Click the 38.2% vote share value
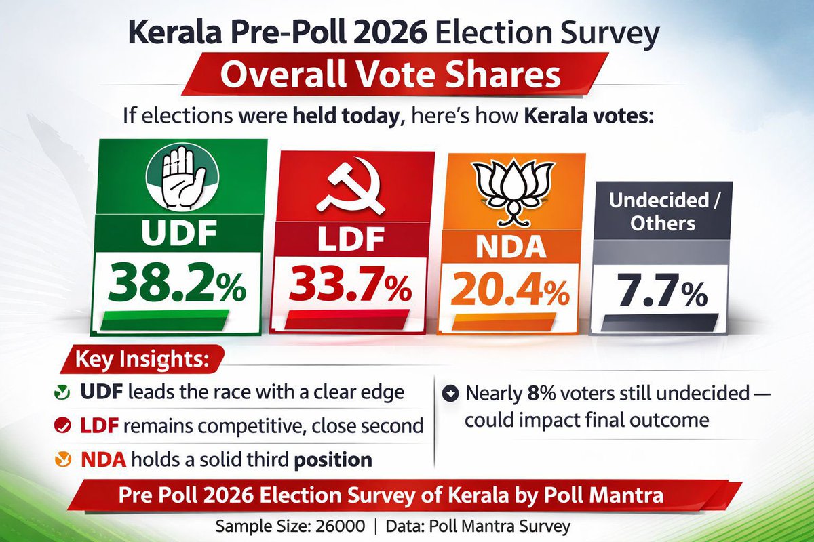pyautogui.click(x=178, y=285)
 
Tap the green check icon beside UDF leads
pyautogui.click(x=62, y=392)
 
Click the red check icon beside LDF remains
pyautogui.click(x=62, y=425)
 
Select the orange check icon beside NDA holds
pyautogui.click(x=62, y=459)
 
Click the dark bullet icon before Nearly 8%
pyautogui.click(x=449, y=392)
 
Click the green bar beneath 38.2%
pyautogui.click(x=178, y=321)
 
